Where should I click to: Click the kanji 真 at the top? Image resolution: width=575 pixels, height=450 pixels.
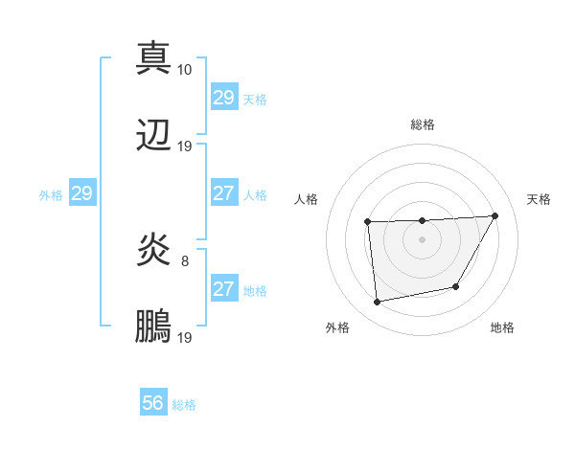pos(154,57)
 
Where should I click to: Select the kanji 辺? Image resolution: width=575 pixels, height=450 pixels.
pos(154,135)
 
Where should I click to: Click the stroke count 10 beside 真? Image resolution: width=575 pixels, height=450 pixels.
pos(185,69)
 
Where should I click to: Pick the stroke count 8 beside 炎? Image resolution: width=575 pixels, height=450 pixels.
pos(185,260)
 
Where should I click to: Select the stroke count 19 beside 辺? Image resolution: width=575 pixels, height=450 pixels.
pos(185,146)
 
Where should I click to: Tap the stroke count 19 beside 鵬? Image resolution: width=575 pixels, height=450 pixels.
pos(185,338)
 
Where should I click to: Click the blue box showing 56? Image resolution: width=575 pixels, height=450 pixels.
pos(153,403)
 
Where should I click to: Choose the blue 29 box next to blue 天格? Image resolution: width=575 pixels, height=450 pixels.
pos(223,98)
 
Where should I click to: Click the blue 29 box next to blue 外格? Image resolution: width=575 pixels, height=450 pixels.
pos(81,193)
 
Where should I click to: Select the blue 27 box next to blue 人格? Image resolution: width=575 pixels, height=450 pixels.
pos(223,193)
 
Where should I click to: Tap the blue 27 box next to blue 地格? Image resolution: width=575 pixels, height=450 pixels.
pos(223,289)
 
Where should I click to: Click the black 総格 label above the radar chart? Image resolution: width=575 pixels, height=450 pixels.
pos(423,124)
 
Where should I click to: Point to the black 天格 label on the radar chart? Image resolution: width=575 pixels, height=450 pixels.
pos(540,199)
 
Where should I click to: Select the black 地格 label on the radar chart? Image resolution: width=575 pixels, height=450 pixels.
pos(502,327)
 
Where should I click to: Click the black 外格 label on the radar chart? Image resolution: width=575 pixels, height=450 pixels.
pos(337,327)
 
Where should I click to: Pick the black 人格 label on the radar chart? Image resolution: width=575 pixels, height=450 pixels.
pos(307,199)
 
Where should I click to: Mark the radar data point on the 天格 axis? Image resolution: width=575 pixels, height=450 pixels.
pos(494,215)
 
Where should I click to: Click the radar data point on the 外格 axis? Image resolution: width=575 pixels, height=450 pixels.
pos(378,303)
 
